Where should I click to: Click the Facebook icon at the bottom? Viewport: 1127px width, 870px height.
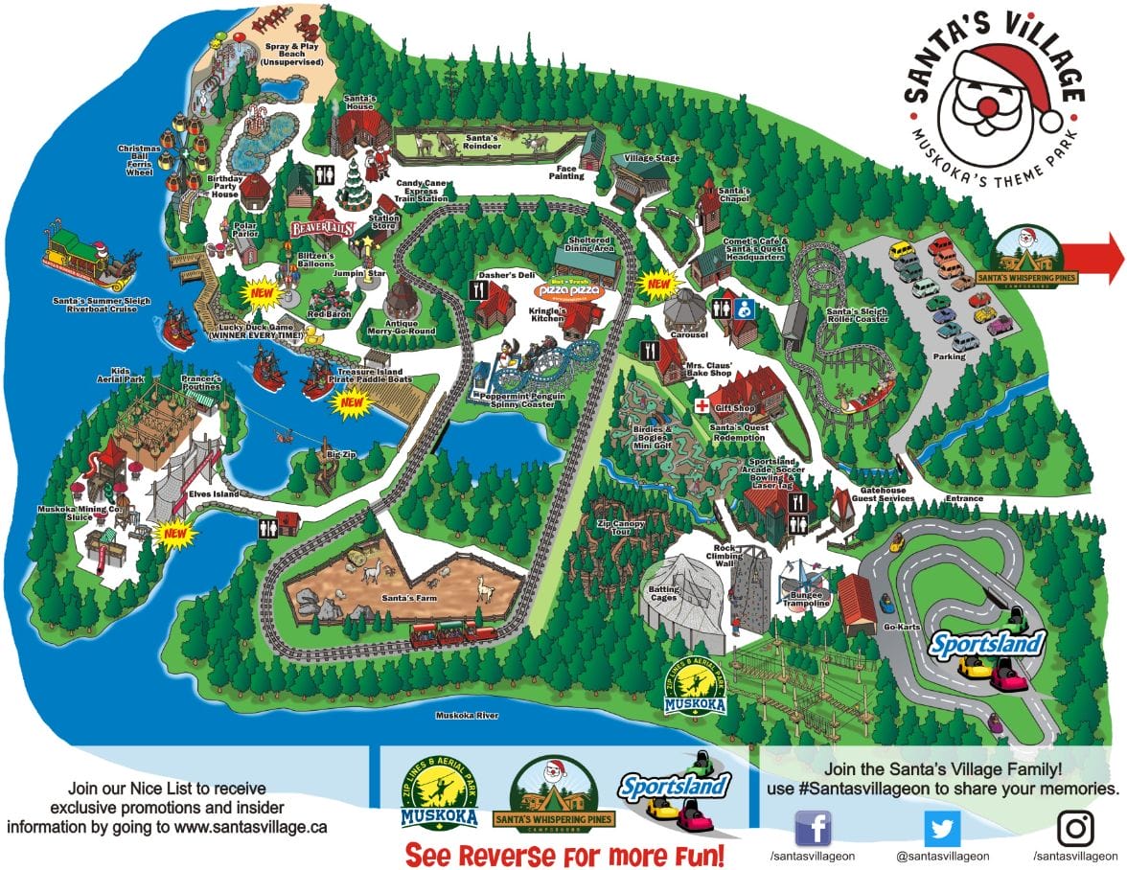[x=814, y=828]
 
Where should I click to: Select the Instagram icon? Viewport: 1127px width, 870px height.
[x=1075, y=828]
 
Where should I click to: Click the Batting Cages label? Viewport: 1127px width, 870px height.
[x=664, y=594]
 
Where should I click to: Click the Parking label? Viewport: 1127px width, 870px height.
[x=949, y=357]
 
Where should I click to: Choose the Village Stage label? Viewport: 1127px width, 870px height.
[x=652, y=157]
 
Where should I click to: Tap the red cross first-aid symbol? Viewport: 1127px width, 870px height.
[x=701, y=406]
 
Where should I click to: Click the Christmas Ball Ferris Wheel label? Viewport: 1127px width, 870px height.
[x=143, y=160]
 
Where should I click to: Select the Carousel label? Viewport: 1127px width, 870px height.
[x=690, y=334]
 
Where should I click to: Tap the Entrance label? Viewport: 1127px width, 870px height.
[x=964, y=498]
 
